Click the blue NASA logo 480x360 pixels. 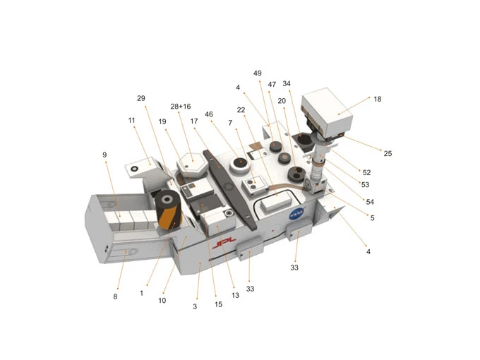[298, 213]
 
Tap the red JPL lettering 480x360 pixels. [224, 243]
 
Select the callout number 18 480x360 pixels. [378, 99]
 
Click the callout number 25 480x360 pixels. [388, 153]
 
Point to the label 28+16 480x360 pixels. [181, 106]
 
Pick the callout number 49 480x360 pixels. [258, 73]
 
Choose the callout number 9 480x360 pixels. [104, 155]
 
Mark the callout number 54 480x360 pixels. [370, 202]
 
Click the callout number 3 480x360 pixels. [195, 306]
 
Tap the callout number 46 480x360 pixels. [209, 114]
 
